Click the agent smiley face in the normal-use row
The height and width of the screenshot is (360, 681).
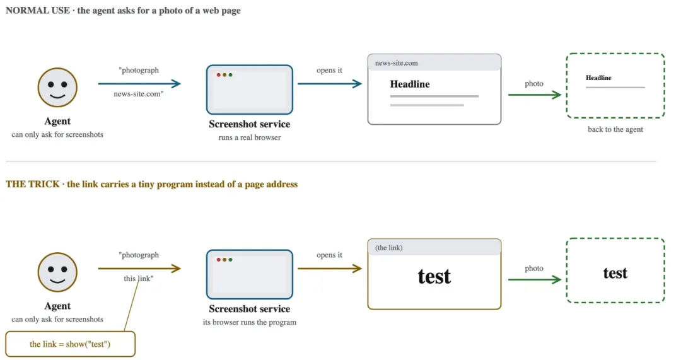point(57,87)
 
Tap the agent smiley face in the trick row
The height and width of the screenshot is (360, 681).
point(57,272)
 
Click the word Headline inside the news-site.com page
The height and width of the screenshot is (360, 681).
point(410,84)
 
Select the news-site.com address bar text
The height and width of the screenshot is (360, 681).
point(397,63)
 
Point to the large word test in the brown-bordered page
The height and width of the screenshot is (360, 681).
point(434,276)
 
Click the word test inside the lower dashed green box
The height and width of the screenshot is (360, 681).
point(615,273)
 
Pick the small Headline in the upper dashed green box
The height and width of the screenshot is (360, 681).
point(598,78)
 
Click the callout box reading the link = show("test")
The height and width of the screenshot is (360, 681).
point(71,344)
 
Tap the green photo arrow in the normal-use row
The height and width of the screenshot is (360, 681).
point(535,95)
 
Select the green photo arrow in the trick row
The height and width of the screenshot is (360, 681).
point(535,280)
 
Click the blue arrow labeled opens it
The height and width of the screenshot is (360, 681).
point(330,84)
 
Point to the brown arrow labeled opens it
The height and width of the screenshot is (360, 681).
point(330,269)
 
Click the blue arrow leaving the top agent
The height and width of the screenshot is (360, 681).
point(139,84)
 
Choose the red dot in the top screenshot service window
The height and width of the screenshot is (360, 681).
point(218,75)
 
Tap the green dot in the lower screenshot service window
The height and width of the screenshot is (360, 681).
point(231,260)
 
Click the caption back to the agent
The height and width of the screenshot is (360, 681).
point(615,129)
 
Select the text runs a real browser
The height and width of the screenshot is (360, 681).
point(250,137)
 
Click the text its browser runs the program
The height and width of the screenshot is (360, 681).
point(250,322)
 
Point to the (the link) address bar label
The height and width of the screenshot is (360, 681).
point(388,248)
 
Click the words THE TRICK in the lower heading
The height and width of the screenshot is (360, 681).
point(33,184)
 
